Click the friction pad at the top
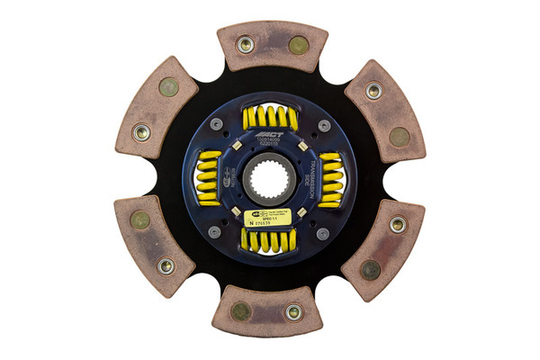(x=272, y=45)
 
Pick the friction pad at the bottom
(x=267, y=311)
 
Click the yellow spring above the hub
(x=270, y=117)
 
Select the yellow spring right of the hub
(x=330, y=178)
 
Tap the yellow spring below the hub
(x=269, y=239)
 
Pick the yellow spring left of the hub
(x=208, y=178)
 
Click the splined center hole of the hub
(x=269, y=178)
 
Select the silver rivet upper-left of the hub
(x=216, y=124)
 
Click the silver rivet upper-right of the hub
(x=323, y=125)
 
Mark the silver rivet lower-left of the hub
(x=215, y=232)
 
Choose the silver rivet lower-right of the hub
(x=322, y=232)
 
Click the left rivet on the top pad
(x=245, y=43)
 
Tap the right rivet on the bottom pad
(x=293, y=312)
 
